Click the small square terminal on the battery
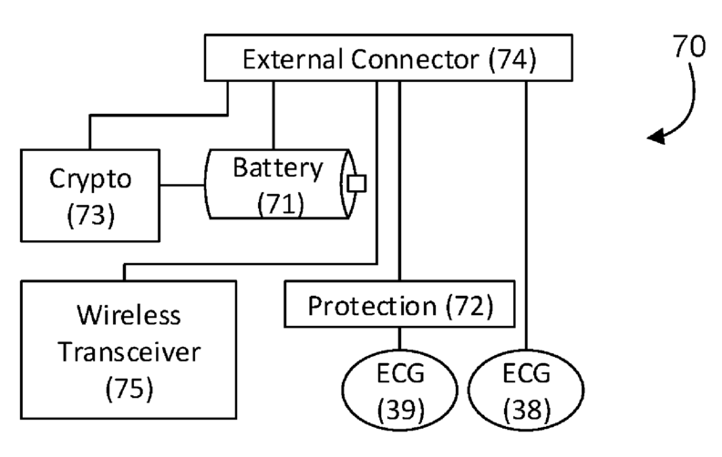[x=356, y=184]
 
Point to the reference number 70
[x=689, y=46]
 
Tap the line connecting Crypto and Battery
[x=183, y=186]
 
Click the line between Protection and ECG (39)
[x=399, y=339]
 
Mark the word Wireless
[x=129, y=315]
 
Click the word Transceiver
[x=129, y=352]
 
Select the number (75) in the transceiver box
[x=129, y=389]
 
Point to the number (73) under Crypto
[x=90, y=215]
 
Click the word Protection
[x=372, y=306]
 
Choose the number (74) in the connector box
[x=512, y=60]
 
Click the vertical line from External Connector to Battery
[x=273, y=116]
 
